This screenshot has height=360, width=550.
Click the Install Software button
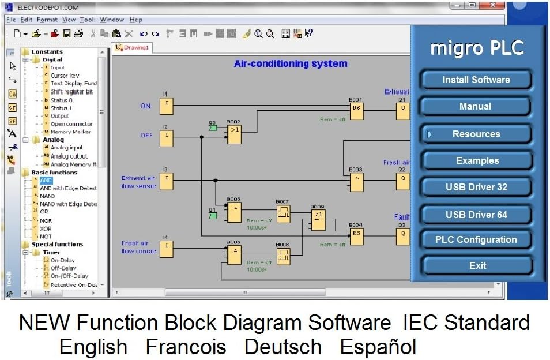point(476,80)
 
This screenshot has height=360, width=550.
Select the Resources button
point(476,134)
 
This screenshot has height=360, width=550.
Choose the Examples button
point(477,160)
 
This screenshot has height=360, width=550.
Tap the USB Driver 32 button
point(476,187)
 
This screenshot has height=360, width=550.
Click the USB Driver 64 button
point(476,215)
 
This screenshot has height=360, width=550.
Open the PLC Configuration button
point(476,239)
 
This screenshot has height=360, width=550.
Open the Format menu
point(47,20)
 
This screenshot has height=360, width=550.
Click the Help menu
point(135,20)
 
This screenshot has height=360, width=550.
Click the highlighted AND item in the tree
point(46,181)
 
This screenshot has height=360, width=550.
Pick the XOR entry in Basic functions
point(46,228)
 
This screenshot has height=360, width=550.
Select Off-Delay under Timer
point(63,268)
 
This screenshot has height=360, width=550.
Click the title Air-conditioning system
point(291,64)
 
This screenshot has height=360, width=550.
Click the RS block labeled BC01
point(356,111)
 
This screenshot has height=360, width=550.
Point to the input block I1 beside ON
point(166,106)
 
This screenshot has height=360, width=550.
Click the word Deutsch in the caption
point(282,347)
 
